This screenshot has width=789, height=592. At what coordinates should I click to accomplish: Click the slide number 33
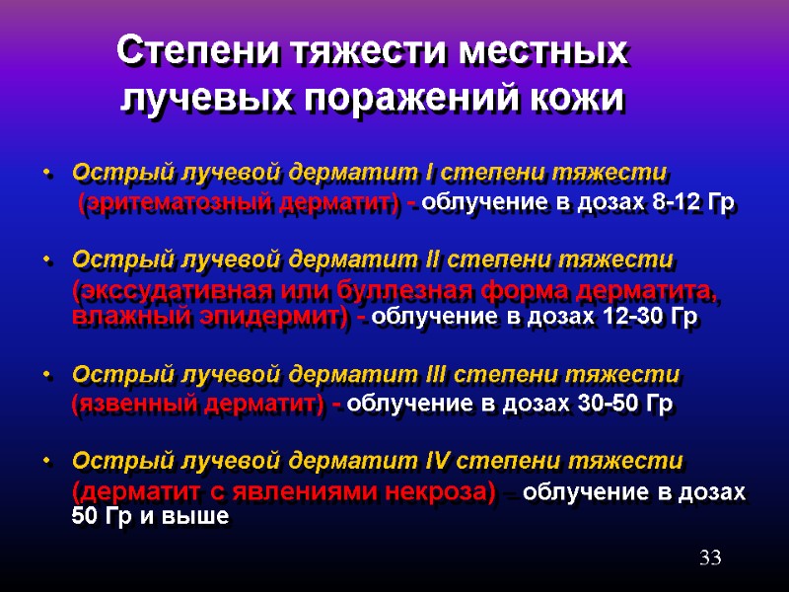[710, 558]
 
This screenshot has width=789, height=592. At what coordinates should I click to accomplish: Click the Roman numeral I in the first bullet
[429, 174]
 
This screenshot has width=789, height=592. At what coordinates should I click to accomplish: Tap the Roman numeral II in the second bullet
[435, 259]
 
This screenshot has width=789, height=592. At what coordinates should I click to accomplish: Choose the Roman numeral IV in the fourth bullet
[441, 461]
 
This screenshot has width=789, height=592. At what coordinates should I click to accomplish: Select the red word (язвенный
[134, 404]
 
